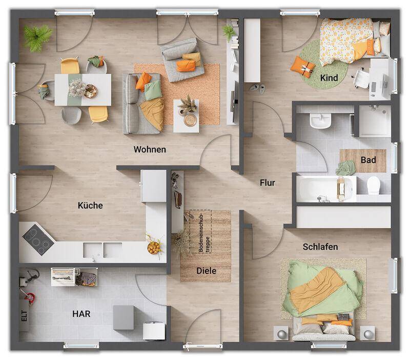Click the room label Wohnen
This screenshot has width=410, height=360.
(x=150, y=150)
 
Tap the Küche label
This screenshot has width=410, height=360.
(x=90, y=205)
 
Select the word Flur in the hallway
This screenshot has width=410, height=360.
(x=268, y=182)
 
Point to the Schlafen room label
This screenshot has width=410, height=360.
(x=320, y=247)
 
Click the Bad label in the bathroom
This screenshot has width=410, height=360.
(x=368, y=159)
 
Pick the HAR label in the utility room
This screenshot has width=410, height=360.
(x=81, y=314)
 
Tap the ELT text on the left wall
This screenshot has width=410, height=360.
(x=24, y=316)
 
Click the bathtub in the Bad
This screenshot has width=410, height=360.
(x=325, y=189)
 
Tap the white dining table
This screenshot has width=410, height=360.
(x=83, y=90)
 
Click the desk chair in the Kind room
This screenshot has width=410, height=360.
(x=362, y=78)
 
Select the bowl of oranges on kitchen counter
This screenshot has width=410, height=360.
(x=153, y=248)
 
